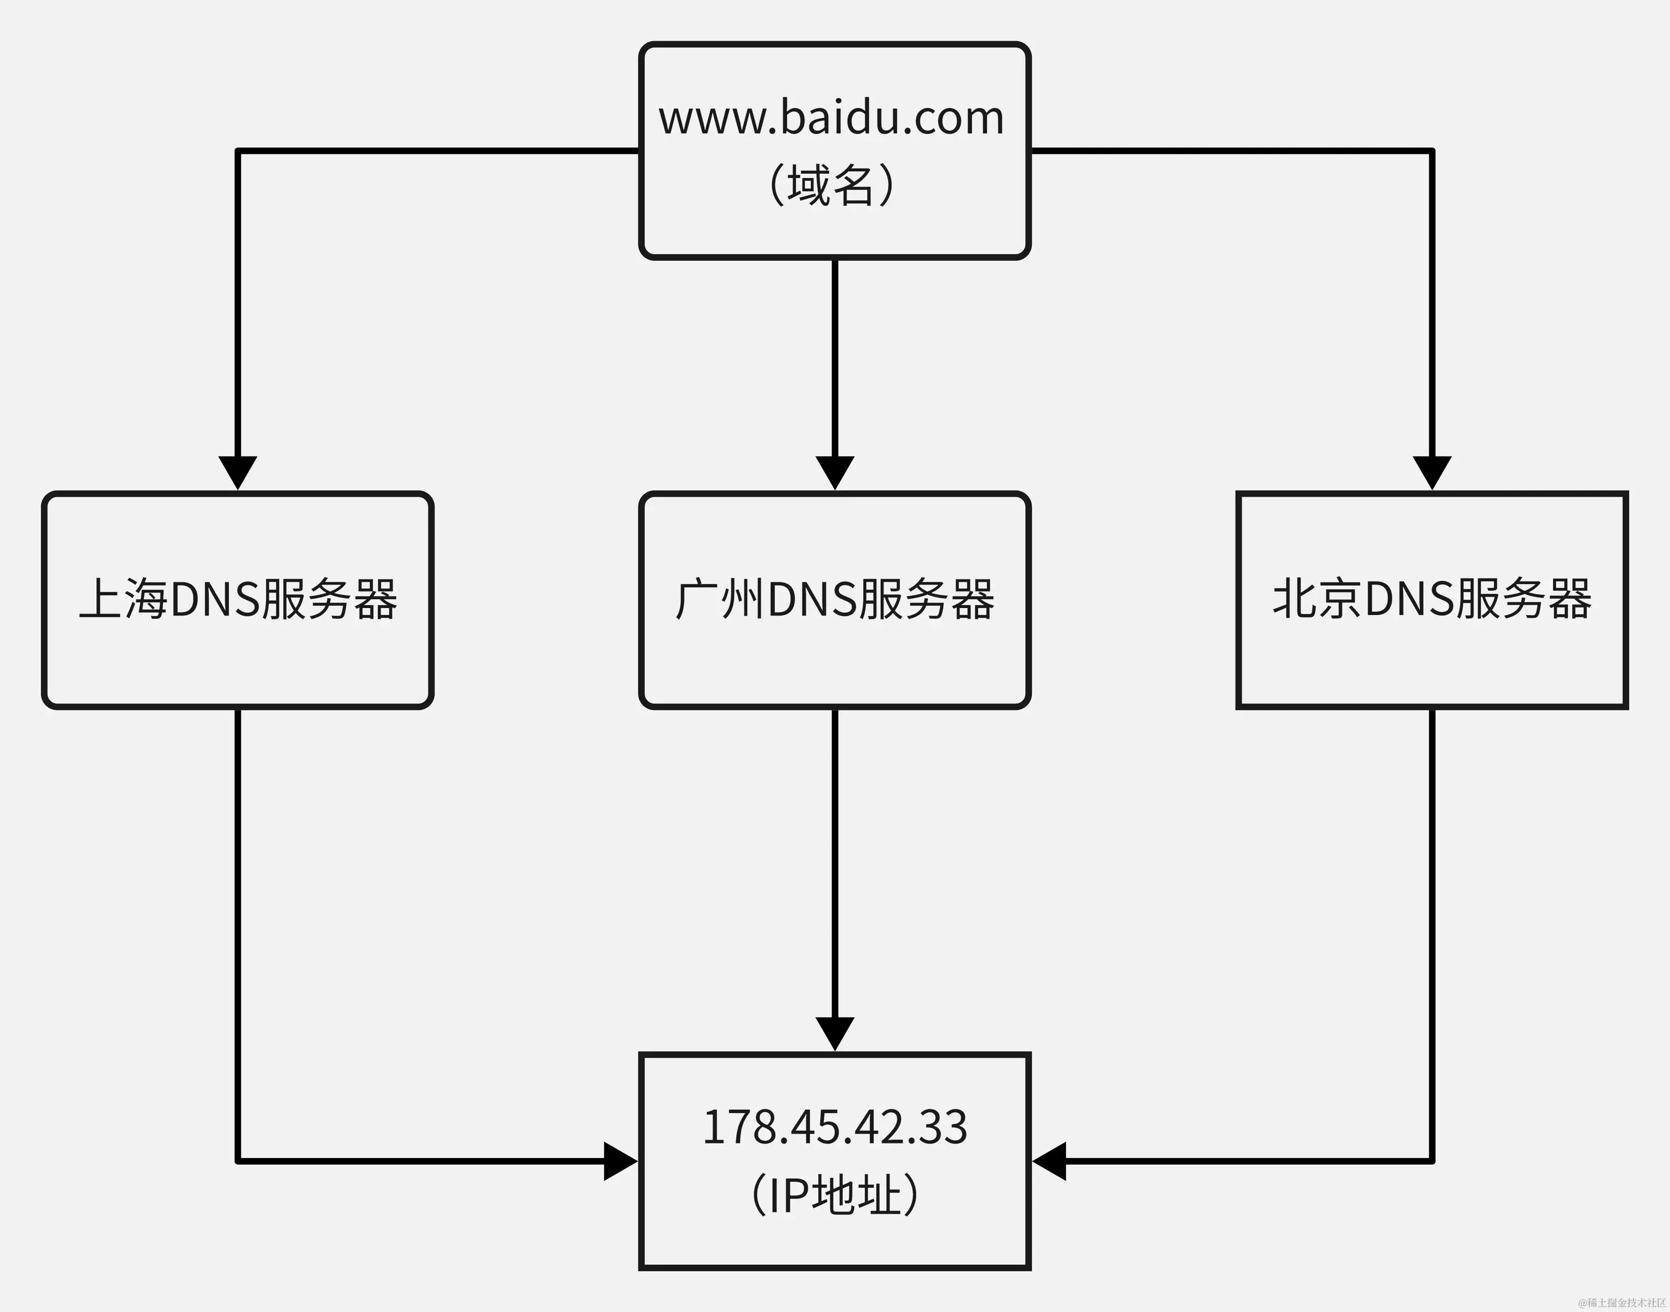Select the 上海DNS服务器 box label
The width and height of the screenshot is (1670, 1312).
coord(238,600)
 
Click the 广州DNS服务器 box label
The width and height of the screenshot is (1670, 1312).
coord(835,600)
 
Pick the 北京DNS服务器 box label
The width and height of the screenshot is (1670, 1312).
coord(1432,600)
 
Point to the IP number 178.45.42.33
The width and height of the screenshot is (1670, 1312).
coord(835,1127)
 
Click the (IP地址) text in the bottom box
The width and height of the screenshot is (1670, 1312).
coord(835,1194)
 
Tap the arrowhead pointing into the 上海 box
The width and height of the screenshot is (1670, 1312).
coord(238,472)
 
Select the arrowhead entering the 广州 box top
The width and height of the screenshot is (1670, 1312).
coord(835,472)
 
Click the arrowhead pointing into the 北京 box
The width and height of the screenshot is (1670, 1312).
coord(1432,472)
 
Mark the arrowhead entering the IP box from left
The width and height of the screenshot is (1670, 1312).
coord(621,1161)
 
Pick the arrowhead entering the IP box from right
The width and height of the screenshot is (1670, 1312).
coord(1049,1161)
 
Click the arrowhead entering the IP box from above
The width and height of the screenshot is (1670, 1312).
coord(835,1033)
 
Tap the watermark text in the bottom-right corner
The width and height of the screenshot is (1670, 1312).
coord(1621,1303)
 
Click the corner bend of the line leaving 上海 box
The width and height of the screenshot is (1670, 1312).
coord(238,1161)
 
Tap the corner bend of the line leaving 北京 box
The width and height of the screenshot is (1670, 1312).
coord(1432,1161)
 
